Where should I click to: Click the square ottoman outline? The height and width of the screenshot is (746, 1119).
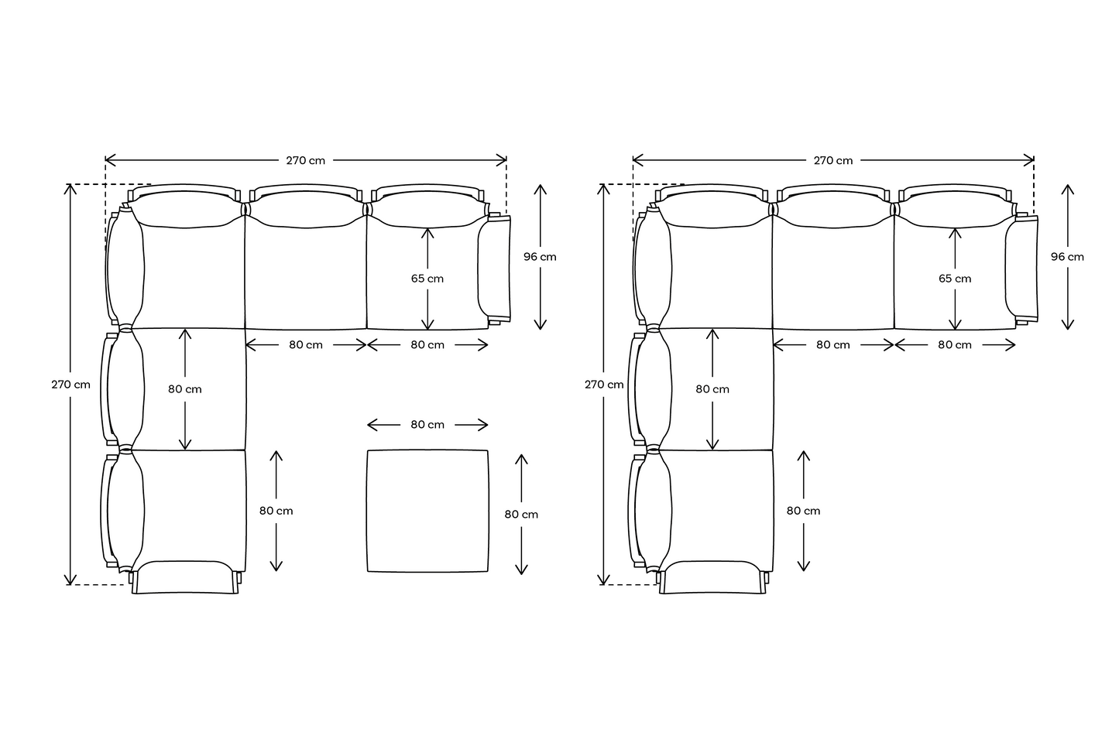367,510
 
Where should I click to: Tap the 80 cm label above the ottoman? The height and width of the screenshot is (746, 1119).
427,424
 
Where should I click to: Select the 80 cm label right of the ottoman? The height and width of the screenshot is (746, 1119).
521,515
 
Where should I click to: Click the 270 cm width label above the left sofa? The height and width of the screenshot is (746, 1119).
305,160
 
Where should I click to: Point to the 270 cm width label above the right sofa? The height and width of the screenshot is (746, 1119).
832,160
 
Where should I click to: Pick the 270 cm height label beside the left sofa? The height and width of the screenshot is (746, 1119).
70,385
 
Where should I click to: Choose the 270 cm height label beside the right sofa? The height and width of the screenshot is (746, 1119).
604,385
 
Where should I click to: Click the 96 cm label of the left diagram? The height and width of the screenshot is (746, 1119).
540,257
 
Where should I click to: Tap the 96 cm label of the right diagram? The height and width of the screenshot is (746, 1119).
1067,257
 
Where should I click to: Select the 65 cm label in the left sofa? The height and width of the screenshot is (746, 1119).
427,279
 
